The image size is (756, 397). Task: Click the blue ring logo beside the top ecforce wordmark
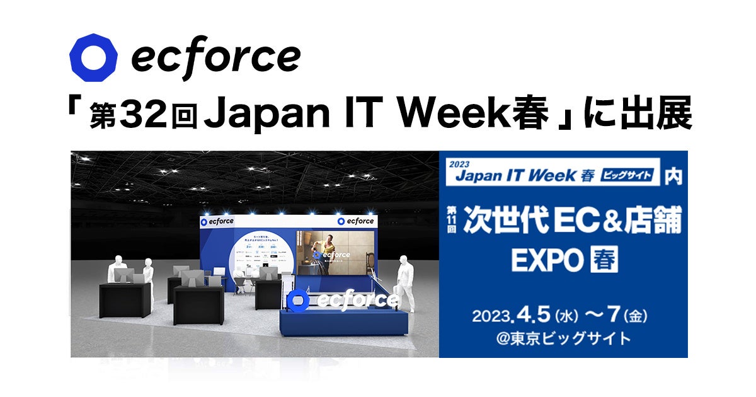click(x=93, y=58)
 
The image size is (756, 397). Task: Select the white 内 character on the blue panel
click(x=672, y=176)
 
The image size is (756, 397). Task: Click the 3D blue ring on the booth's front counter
click(x=299, y=301)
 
